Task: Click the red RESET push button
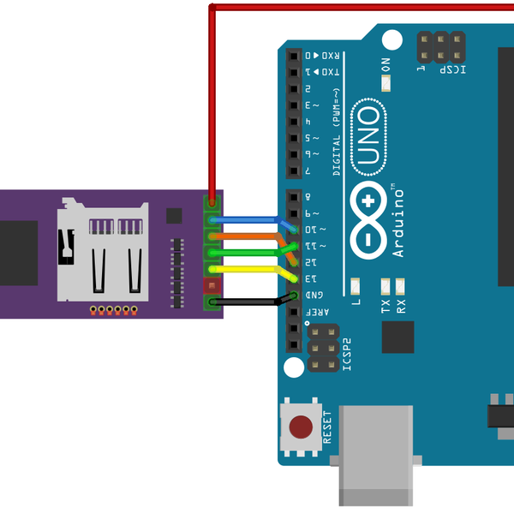[x=302, y=427]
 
